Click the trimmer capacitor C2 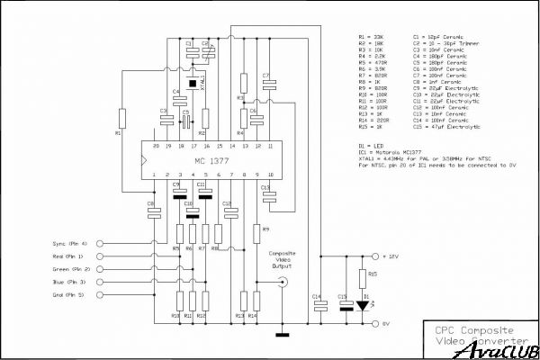pos(205,50)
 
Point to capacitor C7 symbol pos(266,82)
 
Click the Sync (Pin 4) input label pos(69,244)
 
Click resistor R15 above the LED pos(363,275)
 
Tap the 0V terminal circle pos(375,321)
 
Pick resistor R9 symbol pos(256,231)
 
